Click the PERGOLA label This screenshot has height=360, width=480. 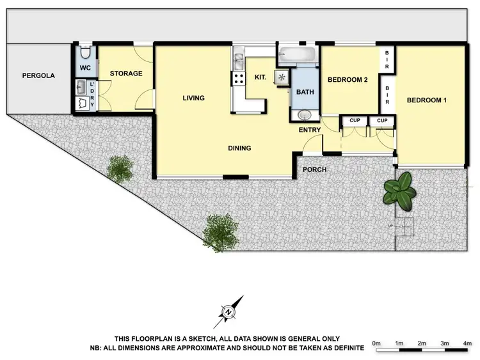(x=38, y=75)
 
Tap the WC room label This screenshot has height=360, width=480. (x=84, y=68)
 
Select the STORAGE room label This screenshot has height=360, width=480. (x=126, y=74)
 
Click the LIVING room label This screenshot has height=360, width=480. (x=193, y=98)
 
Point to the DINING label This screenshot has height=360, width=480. (x=239, y=148)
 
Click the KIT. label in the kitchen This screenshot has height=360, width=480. (x=261, y=77)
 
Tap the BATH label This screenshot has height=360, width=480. (x=305, y=92)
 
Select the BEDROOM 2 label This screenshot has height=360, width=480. (x=348, y=80)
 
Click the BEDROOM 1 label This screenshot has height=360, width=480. (x=427, y=100)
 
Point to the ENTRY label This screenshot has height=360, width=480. (x=310, y=130)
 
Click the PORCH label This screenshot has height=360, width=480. (x=314, y=169)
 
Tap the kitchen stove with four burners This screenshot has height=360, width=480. (x=239, y=79)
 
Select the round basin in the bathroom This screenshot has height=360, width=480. (x=305, y=115)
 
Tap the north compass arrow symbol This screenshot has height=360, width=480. (x=230, y=311)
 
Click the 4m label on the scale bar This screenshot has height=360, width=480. (x=467, y=345)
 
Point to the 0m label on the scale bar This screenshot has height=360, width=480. (x=376, y=345)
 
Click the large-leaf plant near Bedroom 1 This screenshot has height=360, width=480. (x=399, y=191)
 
